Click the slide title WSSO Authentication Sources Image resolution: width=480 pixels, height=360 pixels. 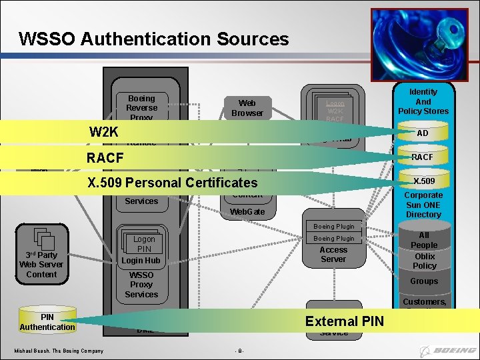click(154, 39)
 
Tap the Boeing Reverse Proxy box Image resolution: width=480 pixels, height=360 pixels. click(141, 107)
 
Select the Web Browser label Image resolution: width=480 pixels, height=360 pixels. click(247, 107)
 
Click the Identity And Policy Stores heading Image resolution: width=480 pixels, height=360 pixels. click(423, 101)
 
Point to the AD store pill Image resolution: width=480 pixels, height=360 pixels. click(423, 133)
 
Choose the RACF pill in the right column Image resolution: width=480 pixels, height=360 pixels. click(422, 157)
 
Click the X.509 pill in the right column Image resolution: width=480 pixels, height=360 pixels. click(423, 181)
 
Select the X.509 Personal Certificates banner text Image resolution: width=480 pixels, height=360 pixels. click(172, 182)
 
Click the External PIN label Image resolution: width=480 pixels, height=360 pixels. click(344, 321)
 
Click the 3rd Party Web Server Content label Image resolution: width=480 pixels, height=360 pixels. click(41, 264)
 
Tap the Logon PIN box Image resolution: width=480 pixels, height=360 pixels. click(144, 244)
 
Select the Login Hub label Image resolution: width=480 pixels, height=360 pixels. click(141, 260)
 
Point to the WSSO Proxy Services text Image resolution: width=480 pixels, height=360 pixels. click(141, 285)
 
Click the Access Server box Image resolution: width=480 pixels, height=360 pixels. click(333, 254)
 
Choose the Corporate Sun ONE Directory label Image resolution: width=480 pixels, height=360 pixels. click(423, 205)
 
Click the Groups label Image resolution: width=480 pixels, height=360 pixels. click(424, 281)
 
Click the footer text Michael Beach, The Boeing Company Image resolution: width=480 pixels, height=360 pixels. click(59, 351)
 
